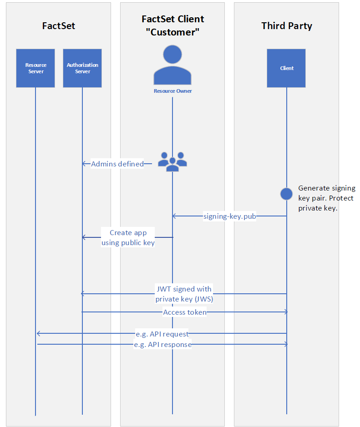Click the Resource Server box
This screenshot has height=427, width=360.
(x=35, y=68)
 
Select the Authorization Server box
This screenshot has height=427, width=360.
(x=82, y=68)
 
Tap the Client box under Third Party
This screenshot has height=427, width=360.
(x=286, y=68)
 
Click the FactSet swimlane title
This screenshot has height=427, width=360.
(x=59, y=26)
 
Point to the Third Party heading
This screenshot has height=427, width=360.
(x=287, y=26)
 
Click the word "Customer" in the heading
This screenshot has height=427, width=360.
(x=172, y=32)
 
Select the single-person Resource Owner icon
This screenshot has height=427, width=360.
(x=172, y=65)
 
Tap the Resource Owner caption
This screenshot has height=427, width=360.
(x=173, y=91)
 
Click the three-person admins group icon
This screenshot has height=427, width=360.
(x=172, y=162)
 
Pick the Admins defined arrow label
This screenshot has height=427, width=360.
(x=117, y=164)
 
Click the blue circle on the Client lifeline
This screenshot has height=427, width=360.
(x=286, y=194)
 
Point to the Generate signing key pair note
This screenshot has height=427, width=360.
(x=327, y=198)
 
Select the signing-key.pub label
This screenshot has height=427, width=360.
(x=230, y=216)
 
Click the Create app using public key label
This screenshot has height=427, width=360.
(x=128, y=237)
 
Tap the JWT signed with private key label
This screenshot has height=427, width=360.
(x=184, y=294)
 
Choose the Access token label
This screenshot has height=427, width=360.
(x=185, y=312)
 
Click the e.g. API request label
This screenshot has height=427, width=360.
(x=162, y=334)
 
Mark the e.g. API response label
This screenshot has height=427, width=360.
(x=162, y=345)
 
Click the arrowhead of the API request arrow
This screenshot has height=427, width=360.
(x=38, y=333)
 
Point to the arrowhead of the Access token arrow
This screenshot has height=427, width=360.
(x=287, y=312)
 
